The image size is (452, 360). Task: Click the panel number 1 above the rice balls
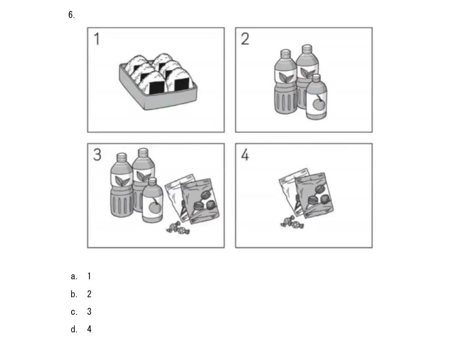click(x=97, y=39)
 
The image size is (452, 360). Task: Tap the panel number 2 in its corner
click(x=245, y=39)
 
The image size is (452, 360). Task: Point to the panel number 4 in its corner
click(x=245, y=155)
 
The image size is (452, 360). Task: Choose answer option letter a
click(x=74, y=276)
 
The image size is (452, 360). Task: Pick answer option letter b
click(x=74, y=294)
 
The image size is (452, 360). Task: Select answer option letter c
click(x=74, y=312)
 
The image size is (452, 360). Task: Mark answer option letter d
click(x=74, y=329)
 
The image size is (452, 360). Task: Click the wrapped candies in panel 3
click(x=178, y=228)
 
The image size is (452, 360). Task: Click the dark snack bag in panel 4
click(x=314, y=195)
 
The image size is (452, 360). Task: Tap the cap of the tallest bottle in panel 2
click(x=307, y=48)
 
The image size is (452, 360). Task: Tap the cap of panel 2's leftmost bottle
click(x=285, y=53)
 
